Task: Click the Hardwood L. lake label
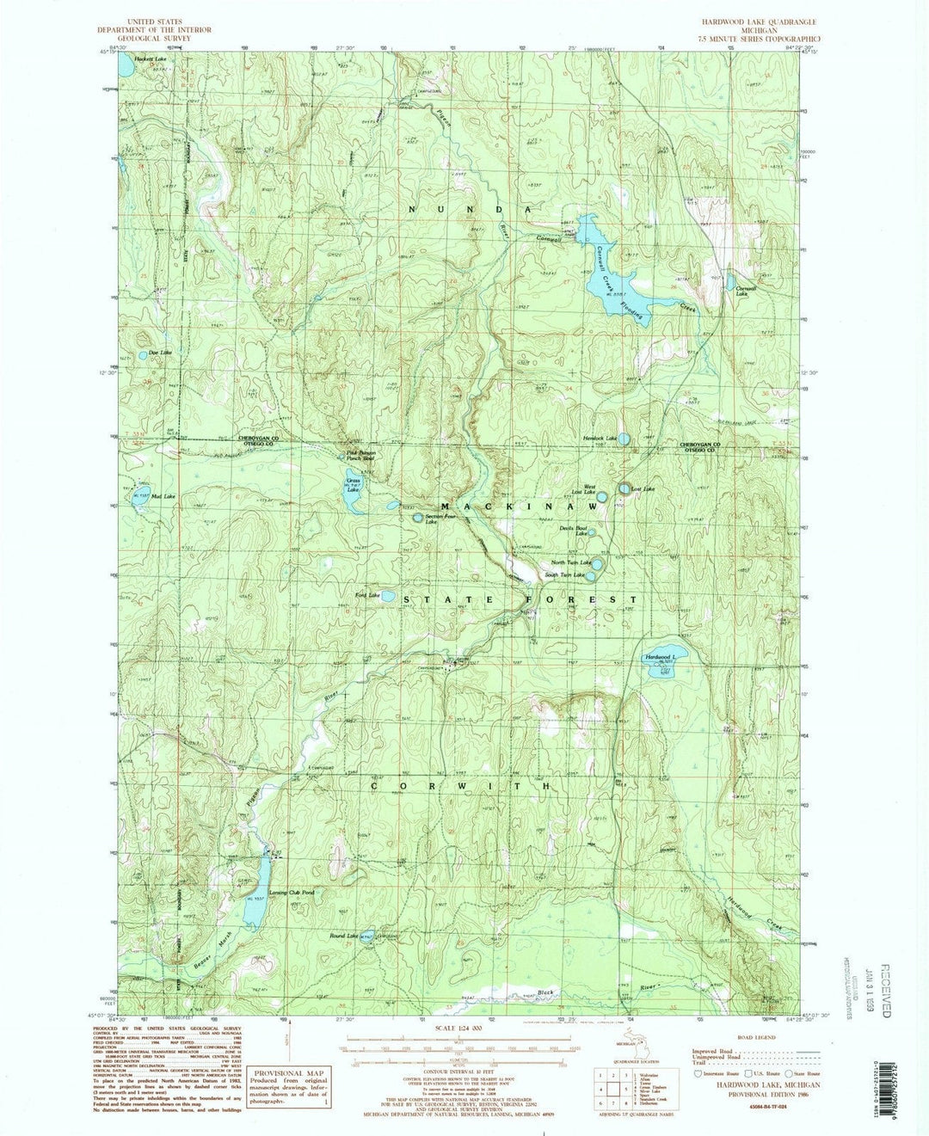click(661, 658)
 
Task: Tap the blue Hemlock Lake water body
click(624, 439)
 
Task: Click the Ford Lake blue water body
click(388, 595)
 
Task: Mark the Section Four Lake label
click(426, 519)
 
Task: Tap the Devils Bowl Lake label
click(573, 531)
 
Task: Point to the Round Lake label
click(343, 936)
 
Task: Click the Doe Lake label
click(160, 353)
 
